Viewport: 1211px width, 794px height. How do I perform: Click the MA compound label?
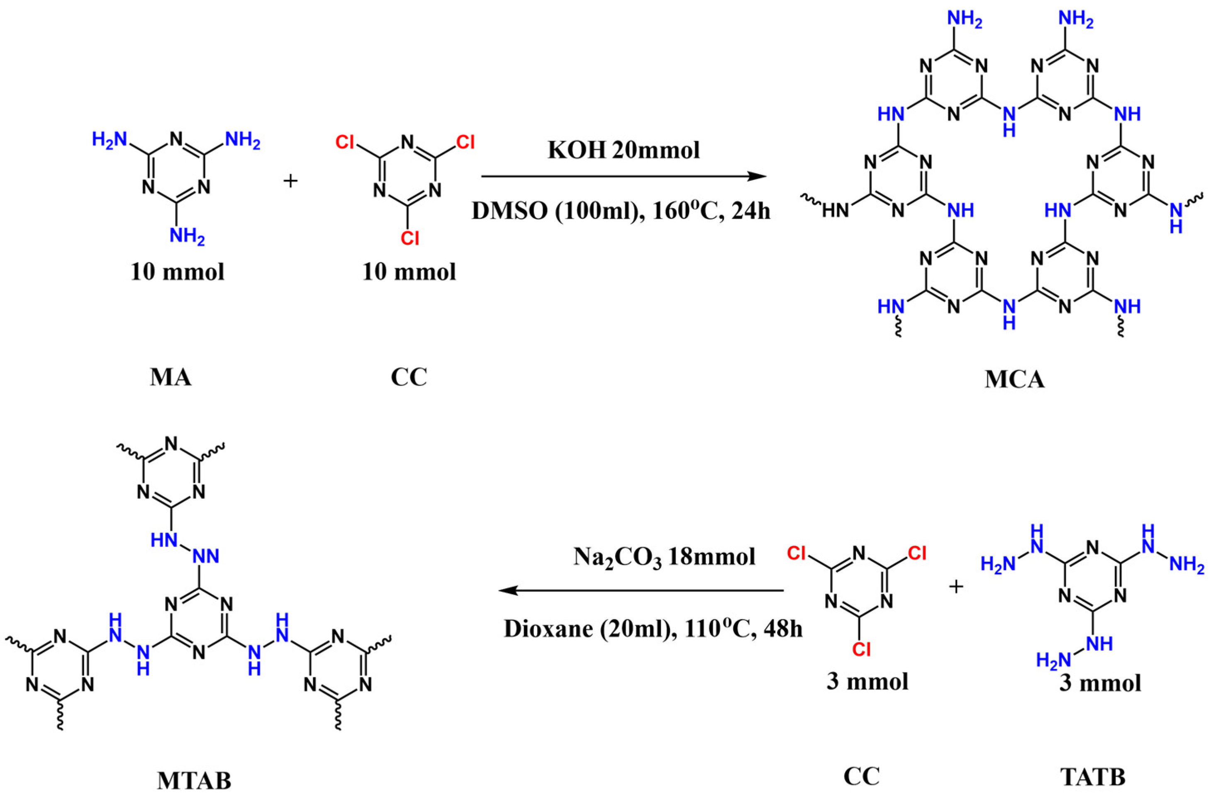[x=171, y=378]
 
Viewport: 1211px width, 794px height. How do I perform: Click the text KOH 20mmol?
[x=624, y=150]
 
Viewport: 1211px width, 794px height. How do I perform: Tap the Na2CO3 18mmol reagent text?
[x=665, y=557]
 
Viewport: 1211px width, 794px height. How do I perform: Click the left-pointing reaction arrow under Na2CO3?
[x=641, y=590]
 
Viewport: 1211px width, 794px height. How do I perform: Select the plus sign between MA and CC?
[x=290, y=181]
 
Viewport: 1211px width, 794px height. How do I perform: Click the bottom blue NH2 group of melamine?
[x=187, y=236]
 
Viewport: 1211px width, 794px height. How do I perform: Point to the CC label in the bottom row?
[x=861, y=777]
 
